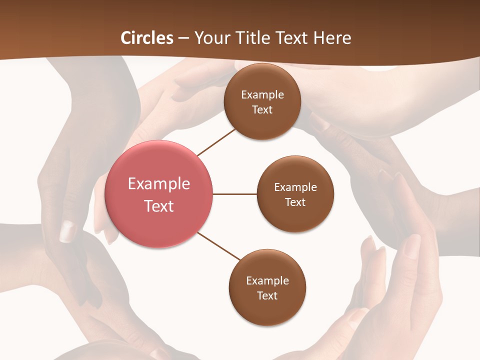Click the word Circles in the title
(x=146, y=38)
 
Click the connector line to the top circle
(x=216, y=141)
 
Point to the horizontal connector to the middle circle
(x=234, y=194)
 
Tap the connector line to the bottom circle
(x=219, y=246)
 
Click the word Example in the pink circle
(x=159, y=184)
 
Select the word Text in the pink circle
(x=159, y=206)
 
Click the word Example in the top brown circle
(x=262, y=95)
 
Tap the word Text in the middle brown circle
(x=295, y=202)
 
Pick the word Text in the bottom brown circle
(x=267, y=296)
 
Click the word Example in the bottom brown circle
(x=267, y=281)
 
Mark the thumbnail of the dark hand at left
(x=67, y=231)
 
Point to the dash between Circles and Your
(x=183, y=38)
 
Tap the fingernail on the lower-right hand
(x=412, y=245)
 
